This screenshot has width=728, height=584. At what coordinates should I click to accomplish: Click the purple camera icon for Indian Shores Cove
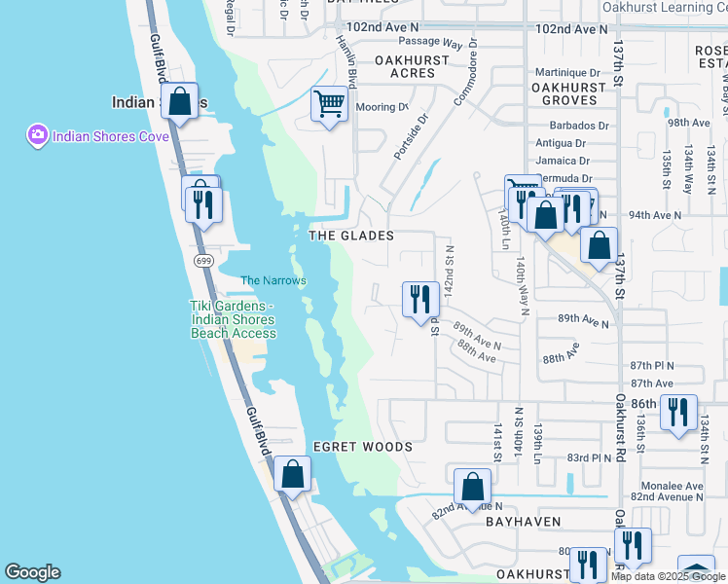pyautogui.click(x=38, y=134)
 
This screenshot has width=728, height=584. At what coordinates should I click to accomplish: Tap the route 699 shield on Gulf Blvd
pyautogui.click(x=203, y=261)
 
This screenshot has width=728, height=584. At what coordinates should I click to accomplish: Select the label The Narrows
pyautogui.click(x=273, y=281)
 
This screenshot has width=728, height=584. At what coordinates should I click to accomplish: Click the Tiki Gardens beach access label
pyautogui.click(x=233, y=319)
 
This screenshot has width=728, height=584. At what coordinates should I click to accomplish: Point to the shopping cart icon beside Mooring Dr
pyautogui.click(x=329, y=102)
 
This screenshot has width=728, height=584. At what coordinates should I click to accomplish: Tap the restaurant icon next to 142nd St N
pyautogui.click(x=420, y=299)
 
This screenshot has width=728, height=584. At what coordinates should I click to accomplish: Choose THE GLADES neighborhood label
pyautogui.click(x=350, y=236)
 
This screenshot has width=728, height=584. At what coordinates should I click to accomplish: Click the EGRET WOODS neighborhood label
pyautogui.click(x=362, y=447)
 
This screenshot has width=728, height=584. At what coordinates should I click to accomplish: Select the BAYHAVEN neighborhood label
pyautogui.click(x=524, y=522)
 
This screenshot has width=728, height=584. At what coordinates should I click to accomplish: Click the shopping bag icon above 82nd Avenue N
pyautogui.click(x=472, y=486)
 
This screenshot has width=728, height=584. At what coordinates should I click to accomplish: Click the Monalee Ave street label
pyautogui.click(x=671, y=486)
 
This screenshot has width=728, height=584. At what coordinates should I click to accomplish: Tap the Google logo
pyautogui.click(x=32, y=572)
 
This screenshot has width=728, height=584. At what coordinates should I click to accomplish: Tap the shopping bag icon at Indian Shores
pyautogui.click(x=180, y=101)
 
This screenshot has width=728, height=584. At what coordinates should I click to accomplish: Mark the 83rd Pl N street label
pyautogui.click(x=589, y=456)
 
